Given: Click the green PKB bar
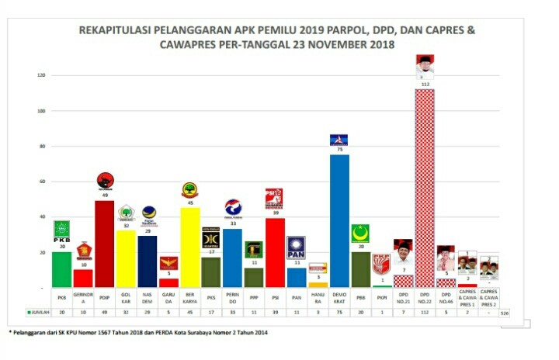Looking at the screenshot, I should pos(62,269).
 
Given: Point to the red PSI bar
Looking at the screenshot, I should pos(275,252).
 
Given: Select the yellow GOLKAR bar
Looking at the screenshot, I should pos(126,258).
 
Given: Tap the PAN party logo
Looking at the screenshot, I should pos(296,247).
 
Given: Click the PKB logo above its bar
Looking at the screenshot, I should pos(62,230).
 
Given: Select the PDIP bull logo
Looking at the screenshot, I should pos(105,181).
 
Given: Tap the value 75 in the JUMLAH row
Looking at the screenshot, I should pos(339,312).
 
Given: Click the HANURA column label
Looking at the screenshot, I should pos(318,298).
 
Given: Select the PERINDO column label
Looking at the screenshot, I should pos(232,298).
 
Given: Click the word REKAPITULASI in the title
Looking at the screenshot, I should pos(123,31).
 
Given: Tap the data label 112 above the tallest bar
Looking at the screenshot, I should pos(424,84).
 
